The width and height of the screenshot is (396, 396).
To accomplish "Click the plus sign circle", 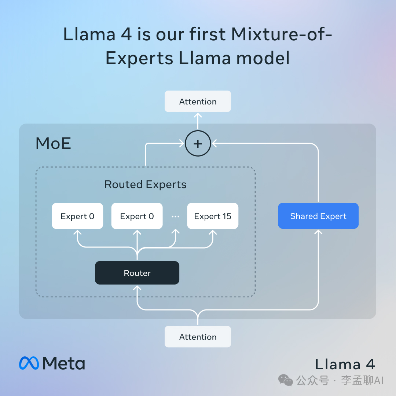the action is tap(198, 143).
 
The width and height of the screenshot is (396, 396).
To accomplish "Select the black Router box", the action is tap(137, 273).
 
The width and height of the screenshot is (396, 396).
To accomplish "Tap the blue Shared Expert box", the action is tap(318, 216).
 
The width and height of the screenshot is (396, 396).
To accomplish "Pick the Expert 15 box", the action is tap(213, 216).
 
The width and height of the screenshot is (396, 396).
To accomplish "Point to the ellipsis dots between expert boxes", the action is tap(175, 216).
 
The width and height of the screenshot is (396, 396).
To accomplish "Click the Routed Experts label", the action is tap(146, 184).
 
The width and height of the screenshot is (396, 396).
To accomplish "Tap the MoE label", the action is tap(53, 143).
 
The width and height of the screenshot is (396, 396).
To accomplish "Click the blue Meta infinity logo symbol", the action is tap(29, 363).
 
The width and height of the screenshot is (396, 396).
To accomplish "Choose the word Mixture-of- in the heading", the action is tap(282, 34).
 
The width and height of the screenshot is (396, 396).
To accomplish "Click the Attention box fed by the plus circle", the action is tap(198, 101).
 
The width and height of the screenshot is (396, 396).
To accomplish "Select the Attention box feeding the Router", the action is tap(198, 337).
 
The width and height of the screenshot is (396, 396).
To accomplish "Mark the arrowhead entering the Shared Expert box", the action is tap(318, 232).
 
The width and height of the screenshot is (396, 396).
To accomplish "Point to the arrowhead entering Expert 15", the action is tap(213, 232).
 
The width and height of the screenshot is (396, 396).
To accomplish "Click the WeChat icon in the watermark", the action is tap(286, 380).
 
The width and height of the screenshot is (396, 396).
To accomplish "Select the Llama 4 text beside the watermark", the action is tap(345, 364).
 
